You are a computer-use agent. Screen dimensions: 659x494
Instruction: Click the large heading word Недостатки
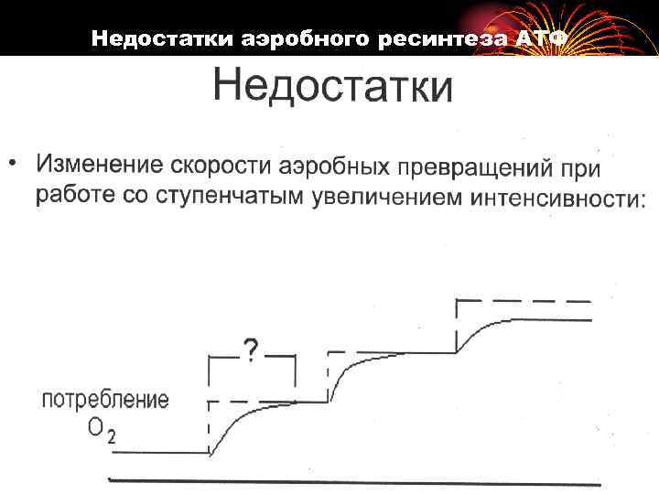coord(332,89)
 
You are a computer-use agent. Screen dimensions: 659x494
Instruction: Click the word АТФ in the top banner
coord(544,39)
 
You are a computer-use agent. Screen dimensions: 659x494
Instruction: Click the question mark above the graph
coord(250,349)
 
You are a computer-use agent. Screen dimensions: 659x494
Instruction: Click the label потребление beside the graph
coord(105,400)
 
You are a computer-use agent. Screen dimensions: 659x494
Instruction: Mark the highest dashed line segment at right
coord(524,300)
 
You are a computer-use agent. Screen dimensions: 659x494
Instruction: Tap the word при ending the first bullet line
coord(582,169)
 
